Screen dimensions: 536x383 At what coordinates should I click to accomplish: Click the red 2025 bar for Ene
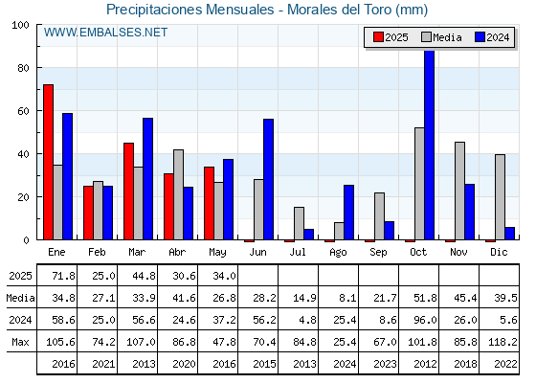coord(48,162)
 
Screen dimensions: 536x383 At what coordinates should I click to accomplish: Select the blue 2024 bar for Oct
coord(430,145)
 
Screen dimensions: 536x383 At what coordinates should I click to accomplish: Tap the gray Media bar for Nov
coord(459,191)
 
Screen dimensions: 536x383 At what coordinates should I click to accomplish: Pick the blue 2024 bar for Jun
coord(268,180)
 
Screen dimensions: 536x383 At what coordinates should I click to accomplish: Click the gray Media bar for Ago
coord(339,231)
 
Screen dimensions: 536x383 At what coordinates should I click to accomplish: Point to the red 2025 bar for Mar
coord(128,191)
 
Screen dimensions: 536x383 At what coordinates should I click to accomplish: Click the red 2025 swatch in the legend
coord(378,37)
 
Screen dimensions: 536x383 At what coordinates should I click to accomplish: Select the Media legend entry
coord(441,37)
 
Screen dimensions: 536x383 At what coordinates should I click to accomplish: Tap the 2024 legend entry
coord(492,37)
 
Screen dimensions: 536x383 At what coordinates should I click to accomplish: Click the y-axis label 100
coord(20,25)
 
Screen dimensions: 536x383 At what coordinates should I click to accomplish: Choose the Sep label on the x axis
coord(378,252)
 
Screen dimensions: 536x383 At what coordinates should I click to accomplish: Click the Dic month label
coord(499,252)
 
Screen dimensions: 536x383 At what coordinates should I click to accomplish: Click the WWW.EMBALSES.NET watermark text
coord(105,33)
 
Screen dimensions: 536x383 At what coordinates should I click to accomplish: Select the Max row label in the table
coord(20,342)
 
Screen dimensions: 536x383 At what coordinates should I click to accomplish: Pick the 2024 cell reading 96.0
coord(425,320)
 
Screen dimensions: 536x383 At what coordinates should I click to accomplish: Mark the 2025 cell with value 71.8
coord(63,276)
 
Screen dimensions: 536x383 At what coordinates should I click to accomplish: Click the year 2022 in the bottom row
coord(505,364)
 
